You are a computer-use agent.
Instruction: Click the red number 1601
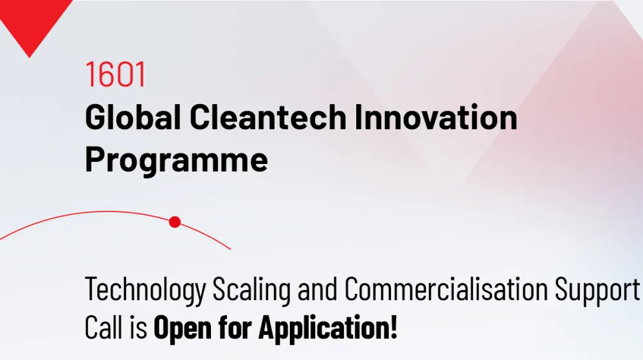pos(115,74)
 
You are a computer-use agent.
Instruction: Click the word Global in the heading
pos(133,117)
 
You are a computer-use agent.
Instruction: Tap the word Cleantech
pos(268,117)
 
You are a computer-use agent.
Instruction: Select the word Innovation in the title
pos(436,117)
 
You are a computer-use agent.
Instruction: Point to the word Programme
pos(177,160)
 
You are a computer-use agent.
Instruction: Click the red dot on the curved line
pos(175,222)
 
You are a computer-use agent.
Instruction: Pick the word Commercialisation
pos(446,289)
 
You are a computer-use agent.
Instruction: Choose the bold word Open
pos(183,328)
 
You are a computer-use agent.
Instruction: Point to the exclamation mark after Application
pos(394,327)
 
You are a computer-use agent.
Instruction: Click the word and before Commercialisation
pos(318,289)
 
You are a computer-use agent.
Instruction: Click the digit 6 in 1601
pos(107,74)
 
